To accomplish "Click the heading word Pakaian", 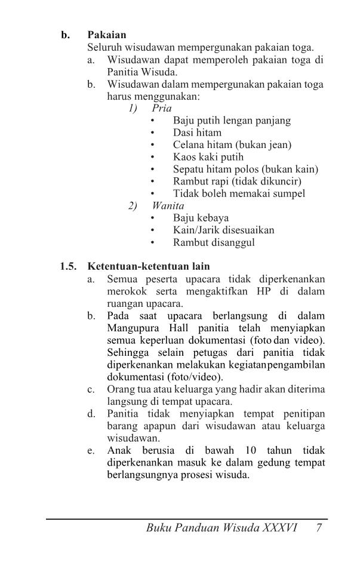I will tap(107, 35).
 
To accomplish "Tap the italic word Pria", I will tap(161, 108).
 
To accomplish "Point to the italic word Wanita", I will tap(168, 206).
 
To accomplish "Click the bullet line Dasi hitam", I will tap(197, 133).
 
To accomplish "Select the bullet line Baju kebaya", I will tap(201, 218).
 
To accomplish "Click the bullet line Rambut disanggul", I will tap(214, 242).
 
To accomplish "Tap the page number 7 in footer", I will tap(320, 528).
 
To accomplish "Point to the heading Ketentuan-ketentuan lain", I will tap(149, 266).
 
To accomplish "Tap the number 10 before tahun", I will tap(250, 450).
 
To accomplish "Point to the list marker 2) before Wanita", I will tap(133, 206).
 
